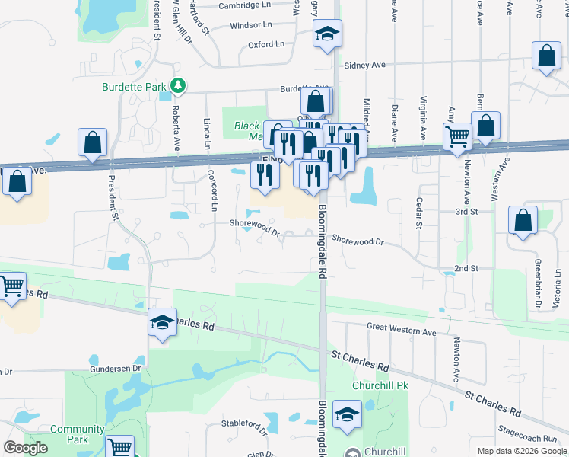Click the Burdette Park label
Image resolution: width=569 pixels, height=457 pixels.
click(134, 87)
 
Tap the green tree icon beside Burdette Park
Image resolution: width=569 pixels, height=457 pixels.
click(177, 86)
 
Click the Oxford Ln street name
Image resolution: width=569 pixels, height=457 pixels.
click(265, 45)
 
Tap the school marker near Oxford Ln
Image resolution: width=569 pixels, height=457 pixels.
click(327, 34)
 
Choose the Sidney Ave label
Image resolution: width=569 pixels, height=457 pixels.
click(364, 65)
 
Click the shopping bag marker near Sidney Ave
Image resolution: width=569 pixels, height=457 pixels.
click(546, 57)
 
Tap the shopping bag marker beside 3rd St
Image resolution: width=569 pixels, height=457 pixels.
click(523, 222)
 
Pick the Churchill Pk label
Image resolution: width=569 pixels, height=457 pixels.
click(380, 385)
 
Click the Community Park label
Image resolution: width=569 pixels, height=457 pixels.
click(78, 434)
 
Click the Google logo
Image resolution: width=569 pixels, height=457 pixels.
click(25, 448)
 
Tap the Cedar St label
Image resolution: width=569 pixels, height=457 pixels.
click(418, 213)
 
